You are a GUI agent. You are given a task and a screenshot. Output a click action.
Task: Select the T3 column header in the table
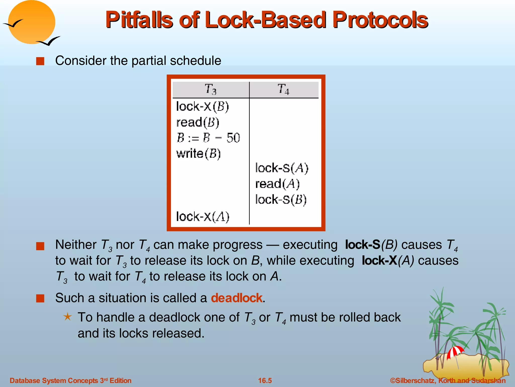[x=210, y=89]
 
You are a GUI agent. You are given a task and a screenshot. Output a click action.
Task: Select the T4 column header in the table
[x=283, y=89]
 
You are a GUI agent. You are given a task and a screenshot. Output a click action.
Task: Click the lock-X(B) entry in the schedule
[x=202, y=106]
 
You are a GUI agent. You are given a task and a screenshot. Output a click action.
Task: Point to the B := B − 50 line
[x=208, y=138]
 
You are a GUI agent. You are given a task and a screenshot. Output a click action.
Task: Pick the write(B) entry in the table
[x=198, y=154]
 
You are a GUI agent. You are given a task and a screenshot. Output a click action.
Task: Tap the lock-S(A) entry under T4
[x=282, y=168]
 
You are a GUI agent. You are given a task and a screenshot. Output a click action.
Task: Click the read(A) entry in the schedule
[x=277, y=184]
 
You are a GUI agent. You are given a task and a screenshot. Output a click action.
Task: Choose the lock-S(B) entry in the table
[x=281, y=200]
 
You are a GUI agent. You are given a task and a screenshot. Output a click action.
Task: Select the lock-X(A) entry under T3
[x=203, y=217]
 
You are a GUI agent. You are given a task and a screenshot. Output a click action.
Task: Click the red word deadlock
[x=237, y=298]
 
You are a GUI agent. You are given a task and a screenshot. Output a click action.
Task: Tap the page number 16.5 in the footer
[x=265, y=380]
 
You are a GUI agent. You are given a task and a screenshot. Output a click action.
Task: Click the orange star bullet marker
[x=67, y=317]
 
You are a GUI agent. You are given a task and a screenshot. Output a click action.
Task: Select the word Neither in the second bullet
[x=76, y=245]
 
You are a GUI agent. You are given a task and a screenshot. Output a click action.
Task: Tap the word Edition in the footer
[x=120, y=380]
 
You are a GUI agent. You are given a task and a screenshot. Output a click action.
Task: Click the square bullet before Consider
[x=40, y=61]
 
